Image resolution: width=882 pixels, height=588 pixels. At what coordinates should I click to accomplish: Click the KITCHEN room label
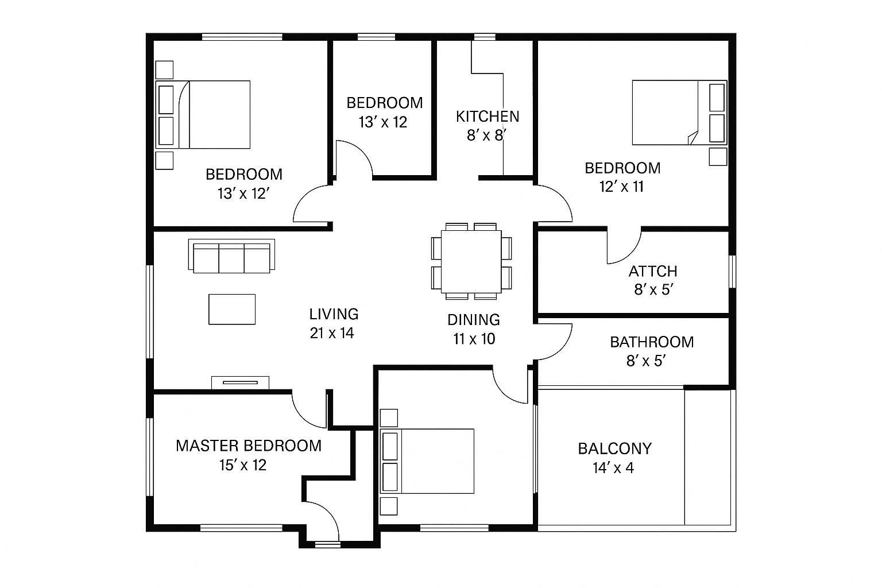pyautogui.click(x=488, y=117)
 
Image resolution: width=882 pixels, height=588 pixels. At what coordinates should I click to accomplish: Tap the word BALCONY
pyautogui.click(x=614, y=448)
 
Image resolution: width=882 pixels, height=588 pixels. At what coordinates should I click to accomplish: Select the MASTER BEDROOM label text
pyautogui.click(x=249, y=446)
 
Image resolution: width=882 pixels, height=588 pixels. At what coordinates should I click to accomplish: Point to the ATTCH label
pyautogui.click(x=652, y=272)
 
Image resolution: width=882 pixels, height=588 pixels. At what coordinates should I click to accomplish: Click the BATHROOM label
pyautogui.click(x=652, y=342)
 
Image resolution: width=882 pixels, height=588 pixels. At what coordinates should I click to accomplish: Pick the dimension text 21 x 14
pyautogui.click(x=331, y=333)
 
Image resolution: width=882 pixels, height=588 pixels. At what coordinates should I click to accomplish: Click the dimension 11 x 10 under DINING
pyautogui.click(x=474, y=339)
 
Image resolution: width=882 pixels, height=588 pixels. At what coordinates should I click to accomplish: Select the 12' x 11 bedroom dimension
pyautogui.click(x=621, y=187)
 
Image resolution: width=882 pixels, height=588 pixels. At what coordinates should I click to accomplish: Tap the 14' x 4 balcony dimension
pyautogui.click(x=613, y=468)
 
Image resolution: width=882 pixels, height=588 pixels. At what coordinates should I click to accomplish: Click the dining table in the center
pyautogui.click(x=471, y=262)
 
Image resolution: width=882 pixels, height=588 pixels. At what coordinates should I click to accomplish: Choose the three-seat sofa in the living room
pyautogui.click(x=231, y=256)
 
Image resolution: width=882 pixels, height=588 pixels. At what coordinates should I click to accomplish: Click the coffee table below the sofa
pyautogui.click(x=232, y=309)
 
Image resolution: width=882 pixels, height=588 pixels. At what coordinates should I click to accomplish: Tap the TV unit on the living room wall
pyautogui.click(x=240, y=382)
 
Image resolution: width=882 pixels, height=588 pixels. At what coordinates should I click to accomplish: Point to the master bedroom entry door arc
pyautogui.click(x=303, y=417)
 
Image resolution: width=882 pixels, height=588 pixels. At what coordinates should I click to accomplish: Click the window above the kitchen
pyautogui.click(x=485, y=37)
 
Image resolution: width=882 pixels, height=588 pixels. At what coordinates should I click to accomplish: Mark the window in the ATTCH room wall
pyautogui.click(x=732, y=272)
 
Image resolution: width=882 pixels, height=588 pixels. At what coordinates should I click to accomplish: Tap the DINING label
pyautogui.click(x=474, y=320)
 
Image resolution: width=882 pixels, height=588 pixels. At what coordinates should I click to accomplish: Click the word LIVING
pyautogui.click(x=334, y=314)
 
